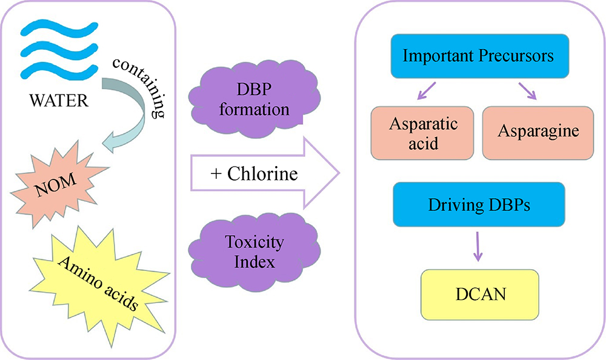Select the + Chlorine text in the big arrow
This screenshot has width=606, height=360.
(254, 175)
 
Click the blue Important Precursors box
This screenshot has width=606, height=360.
(478, 56)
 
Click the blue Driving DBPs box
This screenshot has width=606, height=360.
(479, 205)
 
